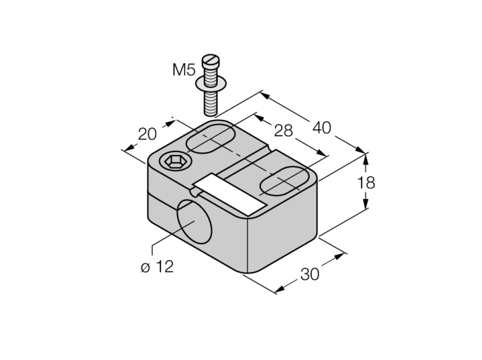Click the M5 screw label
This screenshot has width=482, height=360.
184,70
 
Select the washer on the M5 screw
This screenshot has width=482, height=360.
211,83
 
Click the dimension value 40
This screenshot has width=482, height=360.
322,127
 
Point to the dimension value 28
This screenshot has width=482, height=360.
284,131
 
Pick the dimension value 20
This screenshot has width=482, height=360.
147,134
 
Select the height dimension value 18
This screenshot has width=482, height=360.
366,183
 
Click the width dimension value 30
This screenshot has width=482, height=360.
310,274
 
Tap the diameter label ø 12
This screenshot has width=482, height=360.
158,266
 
